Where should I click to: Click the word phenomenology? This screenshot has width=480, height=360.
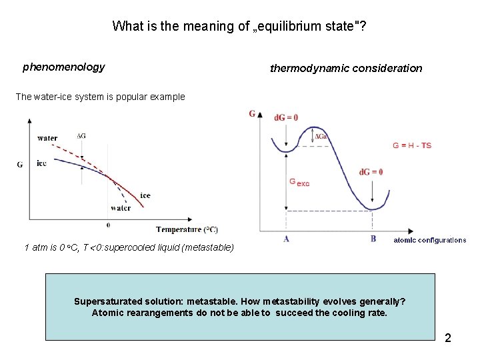tap(63, 67)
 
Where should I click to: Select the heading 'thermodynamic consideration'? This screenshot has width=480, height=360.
tap(346, 68)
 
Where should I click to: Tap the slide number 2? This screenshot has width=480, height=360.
tap(448, 338)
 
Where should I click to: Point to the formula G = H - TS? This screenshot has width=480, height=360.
tap(412, 145)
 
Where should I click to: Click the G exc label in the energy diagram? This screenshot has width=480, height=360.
tap(299, 182)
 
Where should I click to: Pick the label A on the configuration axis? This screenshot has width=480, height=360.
tap(286, 239)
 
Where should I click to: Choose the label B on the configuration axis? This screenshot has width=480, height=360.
tap(373, 239)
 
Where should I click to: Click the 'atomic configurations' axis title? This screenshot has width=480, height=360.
tap(429, 240)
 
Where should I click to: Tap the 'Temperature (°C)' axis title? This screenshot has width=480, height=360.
tap(187, 230)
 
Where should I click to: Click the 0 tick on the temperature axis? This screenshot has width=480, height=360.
tap(109, 225)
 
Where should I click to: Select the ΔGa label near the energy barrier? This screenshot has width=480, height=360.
tap(321, 137)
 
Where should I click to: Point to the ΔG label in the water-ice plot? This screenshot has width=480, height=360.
tap(81, 136)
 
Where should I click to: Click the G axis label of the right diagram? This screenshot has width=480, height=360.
tap(253, 113)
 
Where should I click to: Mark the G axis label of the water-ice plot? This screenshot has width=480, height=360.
tap(20, 164)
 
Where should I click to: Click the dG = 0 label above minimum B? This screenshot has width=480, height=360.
tap(371, 172)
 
